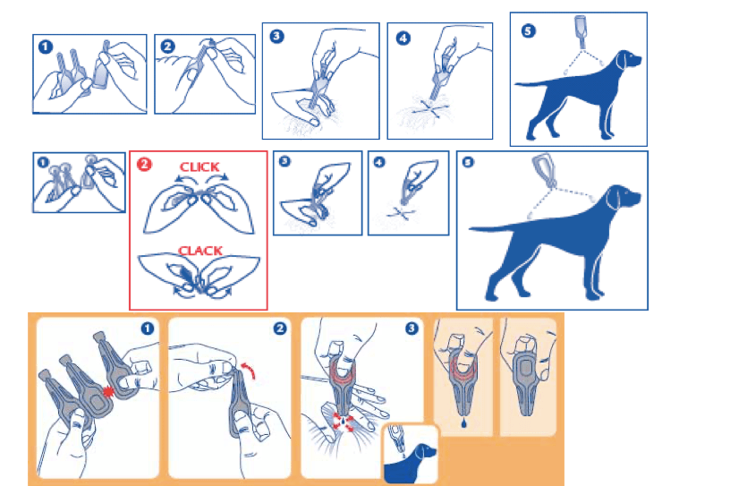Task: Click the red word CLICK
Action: (199, 166)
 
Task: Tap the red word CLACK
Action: (200, 251)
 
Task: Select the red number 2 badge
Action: (144, 165)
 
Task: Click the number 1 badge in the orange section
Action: (148, 328)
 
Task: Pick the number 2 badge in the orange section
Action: (280, 328)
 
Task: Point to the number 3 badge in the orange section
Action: (412, 328)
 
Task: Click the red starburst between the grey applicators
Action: (108, 392)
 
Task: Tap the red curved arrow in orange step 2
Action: (250, 370)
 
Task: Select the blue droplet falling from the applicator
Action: (464, 422)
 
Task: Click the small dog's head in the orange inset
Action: (424, 451)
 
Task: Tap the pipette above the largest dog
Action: (544, 169)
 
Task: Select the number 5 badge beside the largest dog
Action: (468, 162)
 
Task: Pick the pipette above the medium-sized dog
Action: (581, 31)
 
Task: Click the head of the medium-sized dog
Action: (627, 61)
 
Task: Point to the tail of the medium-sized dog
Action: (534, 84)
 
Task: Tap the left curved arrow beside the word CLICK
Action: (182, 178)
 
